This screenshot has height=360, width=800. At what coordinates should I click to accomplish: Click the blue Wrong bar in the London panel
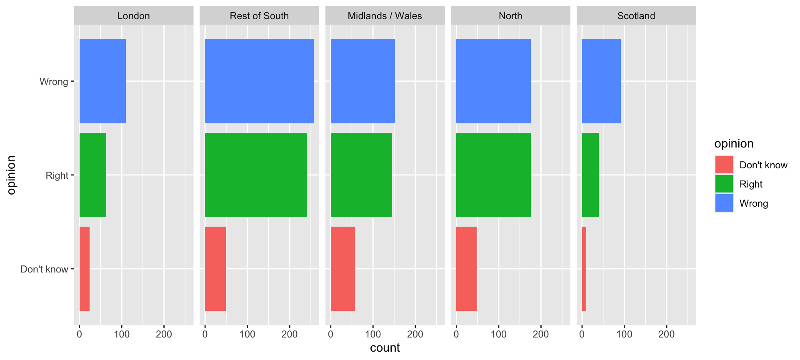pyautogui.click(x=102, y=81)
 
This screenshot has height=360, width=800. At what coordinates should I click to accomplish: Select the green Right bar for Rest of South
pyautogui.click(x=256, y=175)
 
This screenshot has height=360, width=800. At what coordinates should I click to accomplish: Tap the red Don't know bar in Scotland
pyautogui.click(x=584, y=269)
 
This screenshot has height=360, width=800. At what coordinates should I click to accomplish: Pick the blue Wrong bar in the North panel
pyautogui.click(x=493, y=81)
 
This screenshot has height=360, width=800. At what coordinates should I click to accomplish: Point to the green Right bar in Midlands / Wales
pyautogui.click(x=361, y=175)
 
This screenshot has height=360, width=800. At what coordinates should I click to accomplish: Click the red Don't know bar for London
pyautogui.click(x=85, y=269)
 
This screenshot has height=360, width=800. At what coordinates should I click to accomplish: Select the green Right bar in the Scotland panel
pyautogui.click(x=590, y=175)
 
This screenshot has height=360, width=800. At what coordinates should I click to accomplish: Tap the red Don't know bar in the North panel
pyautogui.click(x=466, y=269)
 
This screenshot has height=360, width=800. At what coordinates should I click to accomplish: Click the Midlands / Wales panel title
pyautogui.click(x=385, y=16)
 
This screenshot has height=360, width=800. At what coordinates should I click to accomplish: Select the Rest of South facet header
pyautogui.click(x=259, y=16)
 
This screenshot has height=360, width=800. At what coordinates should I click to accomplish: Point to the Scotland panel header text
pyautogui.click(x=636, y=16)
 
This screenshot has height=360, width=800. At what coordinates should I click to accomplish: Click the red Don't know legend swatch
pyautogui.click(x=724, y=165)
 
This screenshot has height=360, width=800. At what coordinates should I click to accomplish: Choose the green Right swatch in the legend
pyautogui.click(x=724, y=184)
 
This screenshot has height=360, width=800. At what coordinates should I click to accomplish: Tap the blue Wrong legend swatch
pyautogui.click(x=724, y=203)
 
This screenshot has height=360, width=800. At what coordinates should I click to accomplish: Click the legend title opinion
pyautogui.click(x=734, y=144)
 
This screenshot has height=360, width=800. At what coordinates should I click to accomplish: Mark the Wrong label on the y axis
pyautogui.click(x=54, y=82)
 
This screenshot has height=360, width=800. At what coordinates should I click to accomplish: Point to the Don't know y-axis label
pyautogui.click(x=44, y=269)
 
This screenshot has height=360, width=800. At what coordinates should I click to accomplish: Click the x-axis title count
pyautogui.click(x=385, y=348)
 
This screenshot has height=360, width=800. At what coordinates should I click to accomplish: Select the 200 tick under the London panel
pyautogui.click(x=164, y=334)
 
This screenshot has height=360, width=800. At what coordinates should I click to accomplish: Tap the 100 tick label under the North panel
pyautogui.click(x=498, y=334)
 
